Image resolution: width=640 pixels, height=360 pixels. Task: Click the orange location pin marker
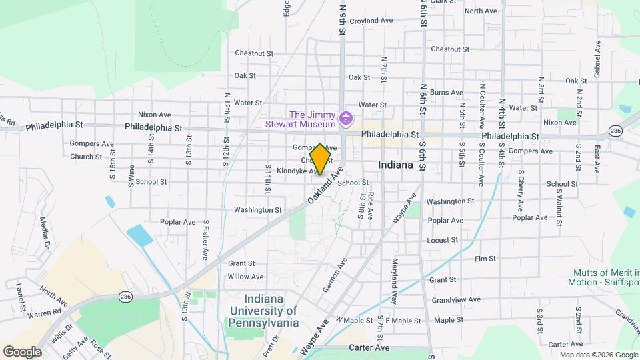(x=321, y=159)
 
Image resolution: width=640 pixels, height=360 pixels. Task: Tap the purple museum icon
(x=346, y=119)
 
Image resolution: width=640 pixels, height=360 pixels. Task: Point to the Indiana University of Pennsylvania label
(x=263, y=311)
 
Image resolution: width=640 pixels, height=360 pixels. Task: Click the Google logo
(x=21, y=351)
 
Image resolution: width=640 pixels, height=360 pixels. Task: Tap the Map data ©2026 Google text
(x=598, y=355)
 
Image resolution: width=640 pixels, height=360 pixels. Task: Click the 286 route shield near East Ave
(x=615, y=131)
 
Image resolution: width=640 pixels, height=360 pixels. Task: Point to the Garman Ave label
(x=335, y=274)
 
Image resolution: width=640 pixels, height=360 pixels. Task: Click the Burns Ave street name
(x=446, y=93)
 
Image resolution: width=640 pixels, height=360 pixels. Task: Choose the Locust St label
(x=443, y=239)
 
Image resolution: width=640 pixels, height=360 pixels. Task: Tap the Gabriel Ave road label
(x=598, y=57)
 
